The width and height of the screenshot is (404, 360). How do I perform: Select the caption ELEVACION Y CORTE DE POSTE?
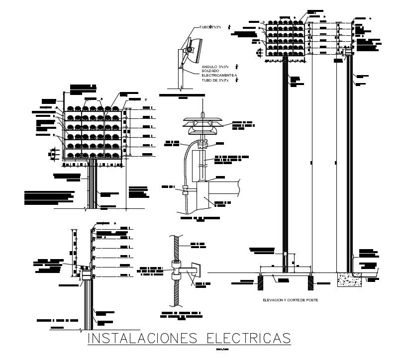point(290,300)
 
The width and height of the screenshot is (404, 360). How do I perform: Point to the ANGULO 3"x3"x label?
point(215,67)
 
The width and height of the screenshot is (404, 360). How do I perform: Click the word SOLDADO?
point(210,71)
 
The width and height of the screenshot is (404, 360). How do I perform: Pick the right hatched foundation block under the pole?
point(310,282)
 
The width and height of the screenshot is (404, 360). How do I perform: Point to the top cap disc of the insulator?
point(202,121)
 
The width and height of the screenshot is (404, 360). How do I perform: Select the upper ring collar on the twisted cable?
point(176,263)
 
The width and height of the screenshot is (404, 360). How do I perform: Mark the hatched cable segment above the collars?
point(176,246)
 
